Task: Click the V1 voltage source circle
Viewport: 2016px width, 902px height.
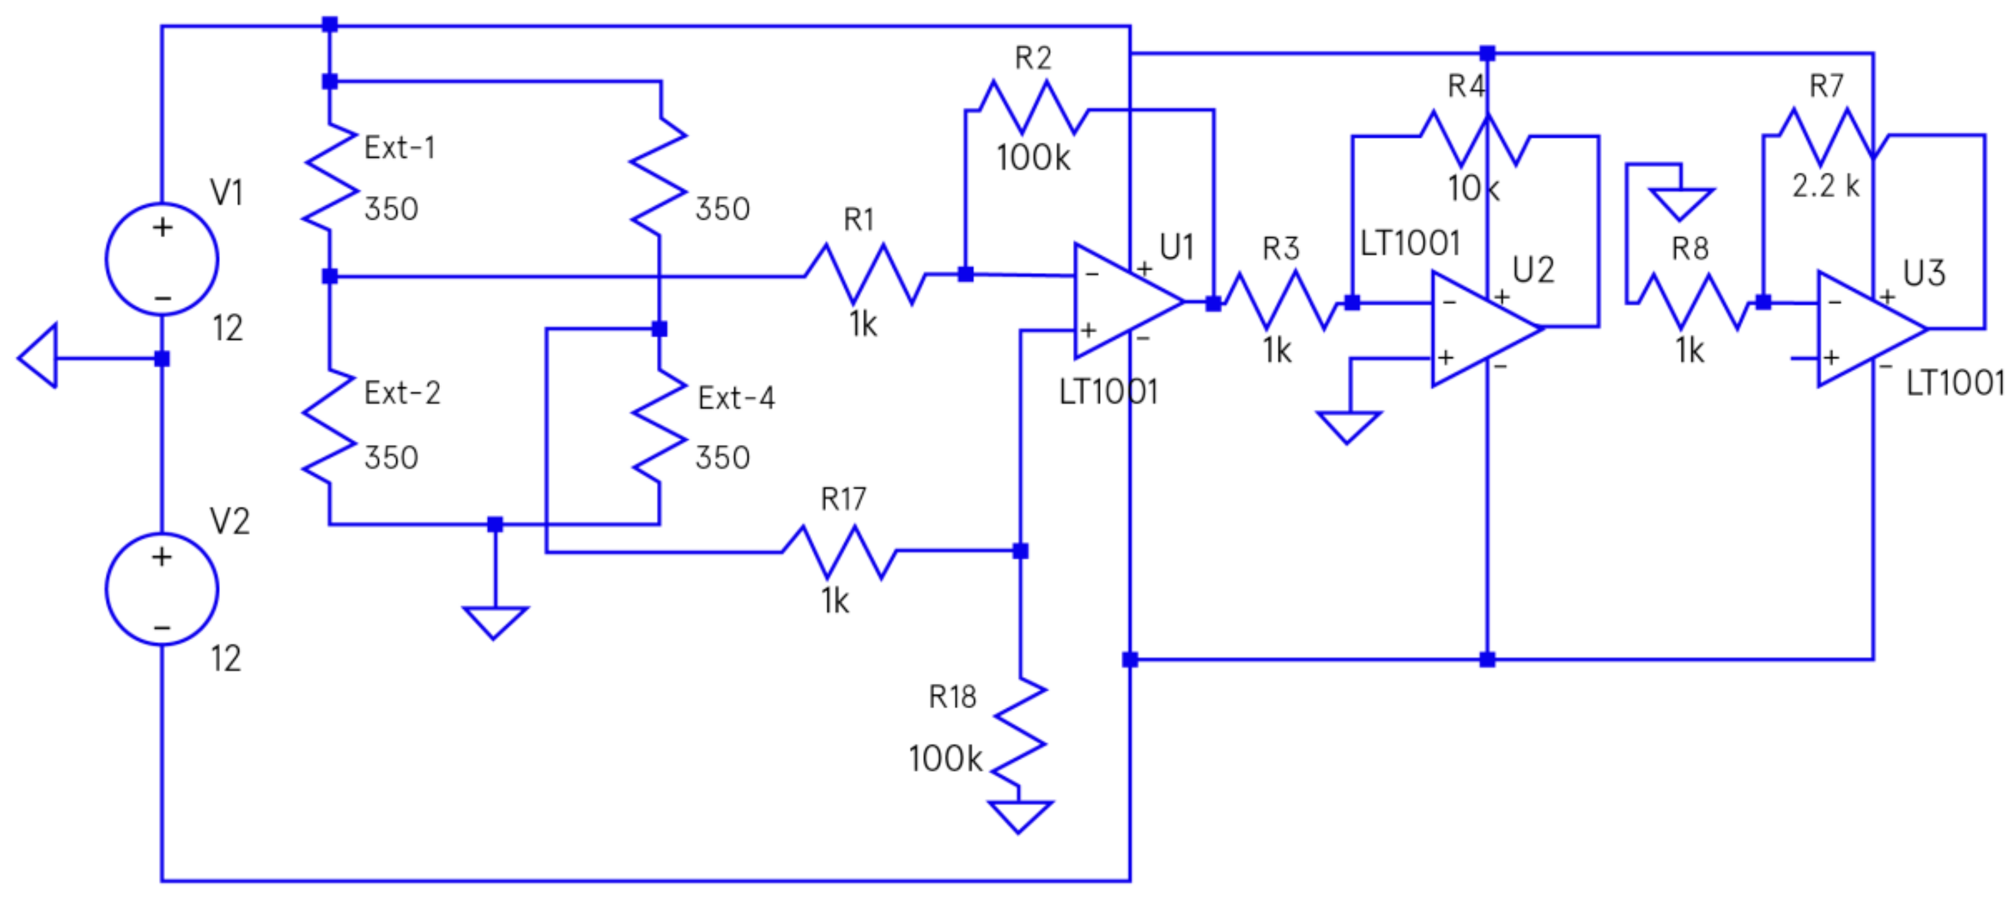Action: (x=162, y=259)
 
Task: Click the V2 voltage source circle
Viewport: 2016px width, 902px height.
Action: (x=162, y=590)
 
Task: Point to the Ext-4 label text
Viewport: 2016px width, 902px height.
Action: (x=736, y=398)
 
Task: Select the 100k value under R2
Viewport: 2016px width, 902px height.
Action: (x=1032, y=158)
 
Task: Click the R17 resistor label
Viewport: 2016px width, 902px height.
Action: (x=843, y=499)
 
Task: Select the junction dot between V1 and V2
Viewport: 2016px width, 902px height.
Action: (x=162, y=359)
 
